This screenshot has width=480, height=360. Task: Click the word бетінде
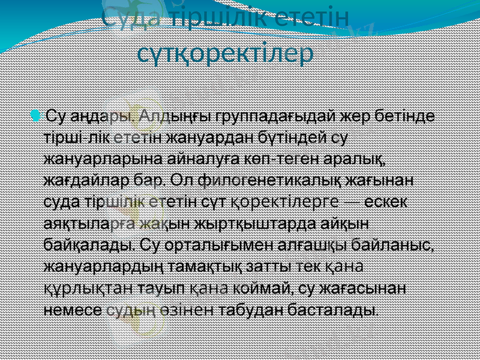click(x=407, y=115)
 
